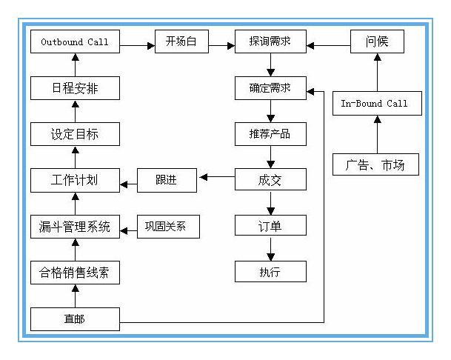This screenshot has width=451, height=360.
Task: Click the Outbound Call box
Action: coord(75,41)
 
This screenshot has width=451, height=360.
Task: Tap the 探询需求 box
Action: coord(270,41)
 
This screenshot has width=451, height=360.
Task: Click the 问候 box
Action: coord(376,41)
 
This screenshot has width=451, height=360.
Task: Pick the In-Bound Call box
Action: coord(376,104)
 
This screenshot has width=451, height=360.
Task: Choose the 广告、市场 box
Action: coord(376,164)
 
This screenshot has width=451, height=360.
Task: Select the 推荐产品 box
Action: coord(270,134)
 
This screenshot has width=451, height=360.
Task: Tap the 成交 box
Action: coord(270,179)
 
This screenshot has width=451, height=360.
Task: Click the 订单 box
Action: coord(270,225)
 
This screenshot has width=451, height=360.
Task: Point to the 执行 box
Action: coord(270,271)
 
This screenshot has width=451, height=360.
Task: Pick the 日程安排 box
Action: coord(75,88)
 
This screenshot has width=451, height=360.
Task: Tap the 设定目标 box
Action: coord(75,134)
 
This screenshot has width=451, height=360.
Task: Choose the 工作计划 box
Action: coord(75,180)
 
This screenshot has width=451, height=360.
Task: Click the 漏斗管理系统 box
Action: coord(75,226)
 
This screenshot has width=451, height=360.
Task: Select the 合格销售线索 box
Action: coord(75,272)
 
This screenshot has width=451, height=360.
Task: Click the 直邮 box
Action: coord(75,319)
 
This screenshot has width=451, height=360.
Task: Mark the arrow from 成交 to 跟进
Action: coord(216,178)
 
